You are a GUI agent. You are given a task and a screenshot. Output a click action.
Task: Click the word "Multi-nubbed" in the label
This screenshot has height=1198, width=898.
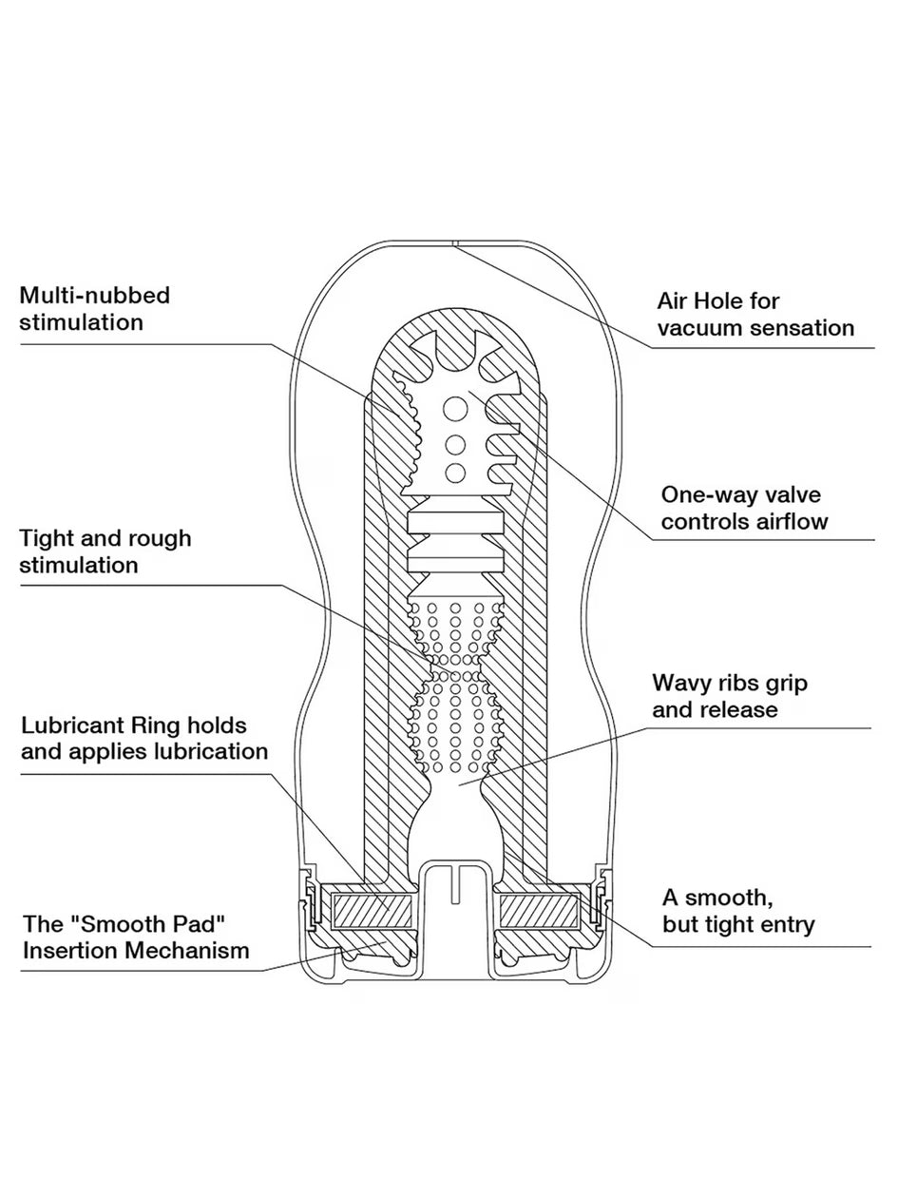point(94,295)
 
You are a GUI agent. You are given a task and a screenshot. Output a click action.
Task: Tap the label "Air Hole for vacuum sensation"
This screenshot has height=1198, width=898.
point(755,315)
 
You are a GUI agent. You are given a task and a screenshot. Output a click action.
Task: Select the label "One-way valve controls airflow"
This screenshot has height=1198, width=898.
point(744,508)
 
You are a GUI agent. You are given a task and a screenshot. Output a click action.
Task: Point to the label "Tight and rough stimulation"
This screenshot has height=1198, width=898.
point(105,551)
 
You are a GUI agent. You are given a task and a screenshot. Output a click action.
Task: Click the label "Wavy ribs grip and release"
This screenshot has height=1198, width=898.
point(729,696)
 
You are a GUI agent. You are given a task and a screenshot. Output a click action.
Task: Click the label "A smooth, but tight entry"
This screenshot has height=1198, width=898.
point(737,910)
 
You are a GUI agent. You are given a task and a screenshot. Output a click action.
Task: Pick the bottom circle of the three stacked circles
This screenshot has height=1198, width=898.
point(455,473)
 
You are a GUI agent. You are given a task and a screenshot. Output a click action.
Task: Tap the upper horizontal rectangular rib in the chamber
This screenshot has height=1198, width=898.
point(454,522)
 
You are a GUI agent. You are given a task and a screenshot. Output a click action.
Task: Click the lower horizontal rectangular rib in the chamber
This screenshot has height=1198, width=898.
point(454,560)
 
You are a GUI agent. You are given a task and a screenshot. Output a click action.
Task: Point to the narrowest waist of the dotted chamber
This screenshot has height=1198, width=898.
point(454,659)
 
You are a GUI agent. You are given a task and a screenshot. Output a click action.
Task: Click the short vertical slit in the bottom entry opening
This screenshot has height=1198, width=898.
point(455,883)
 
